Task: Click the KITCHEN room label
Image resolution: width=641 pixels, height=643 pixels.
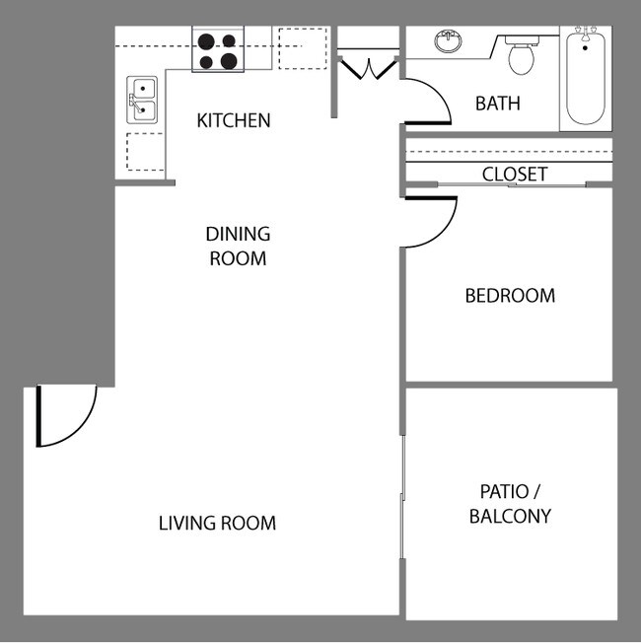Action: [233, 121]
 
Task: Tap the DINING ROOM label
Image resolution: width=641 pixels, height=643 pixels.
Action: [238, 247]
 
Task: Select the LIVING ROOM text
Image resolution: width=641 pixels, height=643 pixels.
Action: [217, 523]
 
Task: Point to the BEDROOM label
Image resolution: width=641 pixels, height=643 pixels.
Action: [510, 295]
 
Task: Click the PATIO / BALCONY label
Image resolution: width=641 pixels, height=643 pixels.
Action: [510, 503]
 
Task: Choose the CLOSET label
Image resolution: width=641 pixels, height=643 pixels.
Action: [514, 175]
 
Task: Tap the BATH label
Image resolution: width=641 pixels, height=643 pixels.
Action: [497, 104]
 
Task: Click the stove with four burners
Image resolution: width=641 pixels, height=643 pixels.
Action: [218, 51]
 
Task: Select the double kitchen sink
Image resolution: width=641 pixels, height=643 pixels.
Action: [143, 99]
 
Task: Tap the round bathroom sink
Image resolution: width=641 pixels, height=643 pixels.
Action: [449, 42]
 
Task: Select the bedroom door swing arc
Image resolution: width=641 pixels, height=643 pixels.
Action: [432, 223]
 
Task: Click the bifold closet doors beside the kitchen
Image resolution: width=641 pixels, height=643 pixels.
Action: [367, 67]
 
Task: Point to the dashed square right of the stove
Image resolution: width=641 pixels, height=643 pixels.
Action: [302, 48]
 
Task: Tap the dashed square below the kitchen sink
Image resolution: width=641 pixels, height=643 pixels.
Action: [145, 152]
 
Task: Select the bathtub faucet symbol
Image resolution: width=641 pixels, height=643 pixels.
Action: [586, 36]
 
